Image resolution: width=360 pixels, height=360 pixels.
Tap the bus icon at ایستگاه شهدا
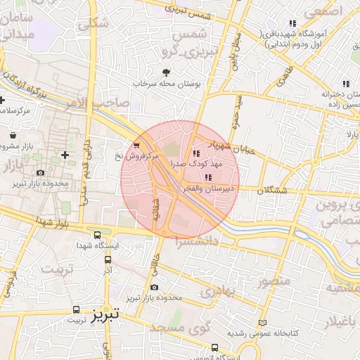96,236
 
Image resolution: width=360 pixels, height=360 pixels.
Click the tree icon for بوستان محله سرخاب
166,72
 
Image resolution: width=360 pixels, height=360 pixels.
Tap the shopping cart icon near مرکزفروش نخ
126,146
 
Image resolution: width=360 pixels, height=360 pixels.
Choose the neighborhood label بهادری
217,290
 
